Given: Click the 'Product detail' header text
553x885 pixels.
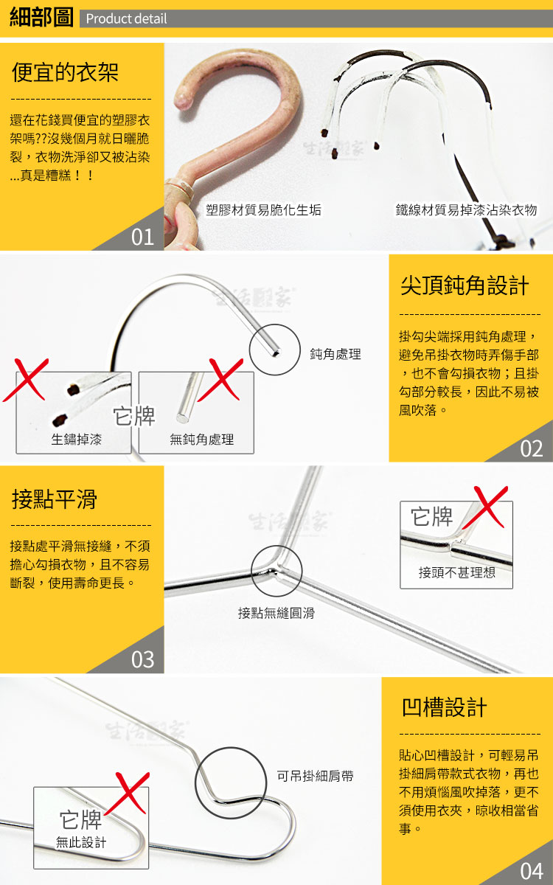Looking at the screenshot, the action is point(126,18).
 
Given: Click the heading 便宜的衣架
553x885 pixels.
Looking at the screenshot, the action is point(65,72).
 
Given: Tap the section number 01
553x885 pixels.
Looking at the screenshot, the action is point(142,237).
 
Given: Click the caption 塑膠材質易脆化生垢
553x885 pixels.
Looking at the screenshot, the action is point(263,209).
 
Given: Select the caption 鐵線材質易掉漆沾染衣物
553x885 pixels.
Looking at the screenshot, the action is point(466,209).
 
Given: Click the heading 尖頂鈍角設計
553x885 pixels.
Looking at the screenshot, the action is point(465,285).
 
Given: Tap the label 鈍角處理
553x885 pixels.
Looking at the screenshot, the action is point(335,354).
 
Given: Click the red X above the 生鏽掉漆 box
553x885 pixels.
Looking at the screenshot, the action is point(26,380).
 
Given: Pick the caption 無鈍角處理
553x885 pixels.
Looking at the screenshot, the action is point(201,440).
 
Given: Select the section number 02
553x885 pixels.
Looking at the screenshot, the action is point(532,449).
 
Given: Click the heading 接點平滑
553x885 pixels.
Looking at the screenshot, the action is point(55,499).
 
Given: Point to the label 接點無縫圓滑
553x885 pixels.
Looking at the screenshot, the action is point(276,613).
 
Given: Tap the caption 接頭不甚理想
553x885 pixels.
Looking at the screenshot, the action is point(456,572).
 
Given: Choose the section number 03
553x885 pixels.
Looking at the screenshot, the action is point(142,659).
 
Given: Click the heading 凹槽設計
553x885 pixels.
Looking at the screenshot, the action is point(444,707).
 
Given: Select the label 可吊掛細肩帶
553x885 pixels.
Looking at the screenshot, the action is point(315,776).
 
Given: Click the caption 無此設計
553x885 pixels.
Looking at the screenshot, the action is point(81,842).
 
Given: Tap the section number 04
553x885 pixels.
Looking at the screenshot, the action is point(532,871).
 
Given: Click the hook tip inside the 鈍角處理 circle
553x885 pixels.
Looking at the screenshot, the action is point(276,352).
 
